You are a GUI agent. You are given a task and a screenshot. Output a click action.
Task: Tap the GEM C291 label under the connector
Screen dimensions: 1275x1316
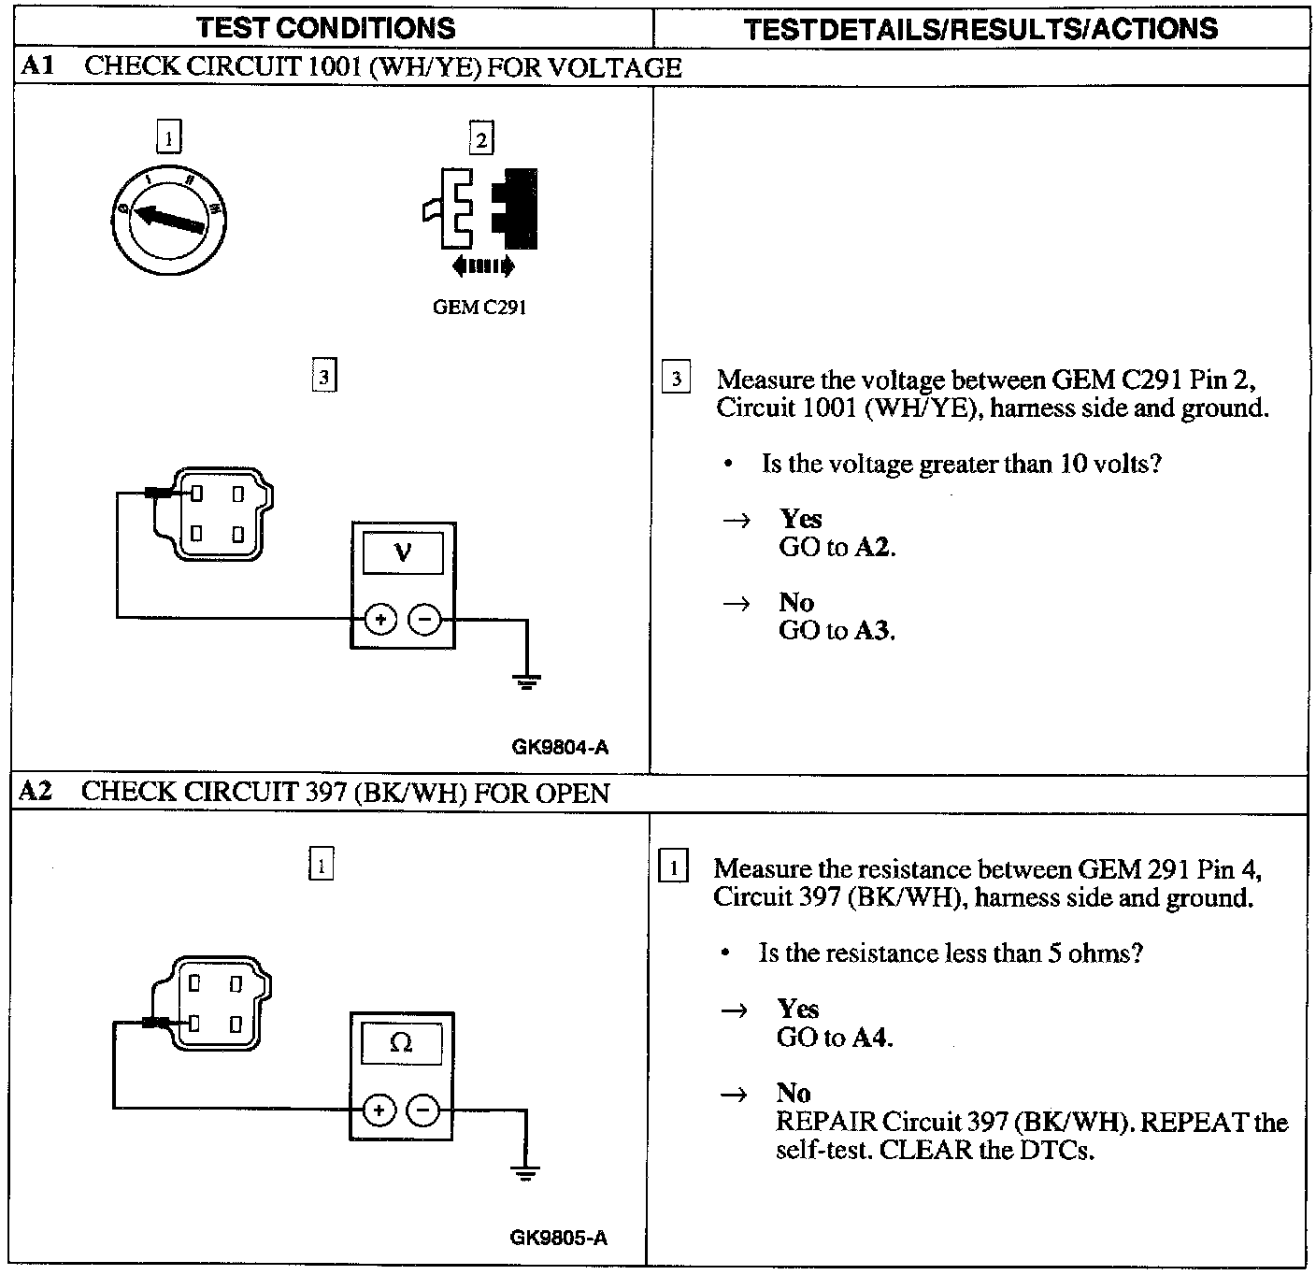(x=479, y=308)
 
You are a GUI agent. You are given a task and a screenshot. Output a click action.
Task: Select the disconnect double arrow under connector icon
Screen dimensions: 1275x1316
(x=482, y=266)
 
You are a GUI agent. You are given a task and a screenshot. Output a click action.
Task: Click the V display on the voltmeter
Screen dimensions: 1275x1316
(x=403, y=552)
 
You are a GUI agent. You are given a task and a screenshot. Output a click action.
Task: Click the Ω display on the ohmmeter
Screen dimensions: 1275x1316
(x=401, y=1042)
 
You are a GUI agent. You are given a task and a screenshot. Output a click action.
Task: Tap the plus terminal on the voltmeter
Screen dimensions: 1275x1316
(x=380, y=619)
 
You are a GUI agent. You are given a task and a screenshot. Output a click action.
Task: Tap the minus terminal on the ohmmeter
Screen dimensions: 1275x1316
(x=423, y=1110)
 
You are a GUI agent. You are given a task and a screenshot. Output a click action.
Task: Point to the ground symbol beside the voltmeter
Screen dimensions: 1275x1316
(x=527, y=680)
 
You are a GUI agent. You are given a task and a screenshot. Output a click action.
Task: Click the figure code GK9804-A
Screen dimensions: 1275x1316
(x=560, y=747)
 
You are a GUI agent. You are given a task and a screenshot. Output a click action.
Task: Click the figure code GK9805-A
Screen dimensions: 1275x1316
(x=558, y=1238)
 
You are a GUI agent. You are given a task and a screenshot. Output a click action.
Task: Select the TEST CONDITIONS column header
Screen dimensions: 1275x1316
(x=326, y=28)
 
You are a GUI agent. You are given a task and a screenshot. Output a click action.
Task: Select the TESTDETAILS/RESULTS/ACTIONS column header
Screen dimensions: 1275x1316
(x=981, y=29)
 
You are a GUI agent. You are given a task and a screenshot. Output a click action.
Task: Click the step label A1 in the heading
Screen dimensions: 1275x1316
(x=37, y=66)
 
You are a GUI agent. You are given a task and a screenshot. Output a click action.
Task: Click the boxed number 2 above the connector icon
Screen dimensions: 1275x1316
(x=481, y=140)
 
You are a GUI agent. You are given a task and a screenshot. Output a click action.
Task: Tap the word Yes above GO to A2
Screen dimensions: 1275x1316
(x=801, y=519)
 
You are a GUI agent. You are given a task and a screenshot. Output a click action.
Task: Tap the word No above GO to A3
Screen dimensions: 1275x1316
(x=796, y=602)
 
